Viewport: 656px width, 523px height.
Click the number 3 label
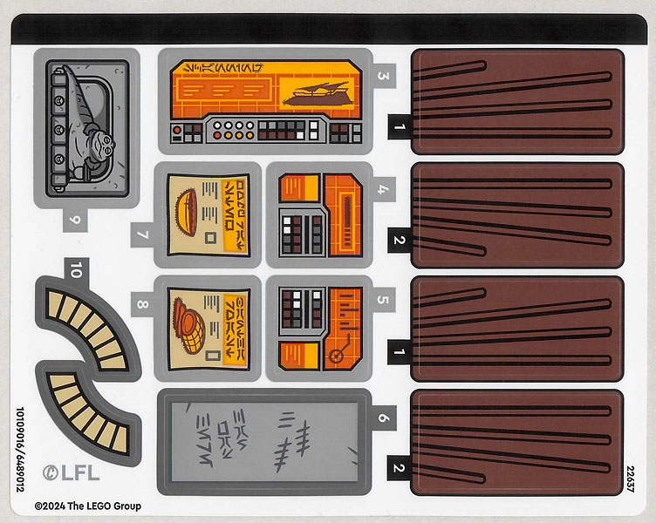[383, 75]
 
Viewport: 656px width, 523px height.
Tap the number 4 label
[383, 187]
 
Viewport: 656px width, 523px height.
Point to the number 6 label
[383, 418]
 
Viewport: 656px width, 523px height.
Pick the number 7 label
[142, 234]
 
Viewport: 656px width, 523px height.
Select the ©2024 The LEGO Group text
[87, 506]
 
